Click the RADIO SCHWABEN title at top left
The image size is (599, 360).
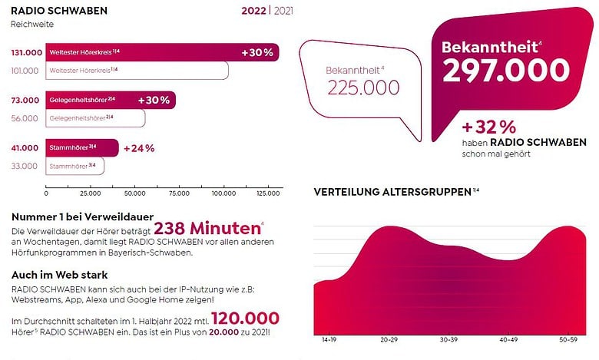click(x=59, y=11)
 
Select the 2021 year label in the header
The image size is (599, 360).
click(x=283, y=11)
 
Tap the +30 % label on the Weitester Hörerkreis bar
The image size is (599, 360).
click(x=257, y=53)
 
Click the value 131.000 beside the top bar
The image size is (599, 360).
click(x=26, y=53)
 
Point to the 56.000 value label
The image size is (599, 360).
click(x=25, y=118)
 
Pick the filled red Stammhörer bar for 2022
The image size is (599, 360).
click(x=82, y=147)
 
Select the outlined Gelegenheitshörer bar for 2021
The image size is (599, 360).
click(x=95, y=118)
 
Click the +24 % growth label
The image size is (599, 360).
click(x=139, y=148)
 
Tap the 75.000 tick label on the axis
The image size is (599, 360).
click(x=179, y=193)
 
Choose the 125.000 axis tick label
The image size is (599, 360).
click(x=268, y=193)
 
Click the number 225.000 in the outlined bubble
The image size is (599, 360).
click(x=363, y=88)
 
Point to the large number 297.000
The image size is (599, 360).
click(x=506, y=71)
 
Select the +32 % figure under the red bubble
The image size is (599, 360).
click(x=488, y=127)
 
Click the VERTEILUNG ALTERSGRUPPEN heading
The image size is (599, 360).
click(x=392, y=192)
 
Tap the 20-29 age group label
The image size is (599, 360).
click(x=389, y=340)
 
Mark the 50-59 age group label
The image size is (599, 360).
click(x=568, y=340)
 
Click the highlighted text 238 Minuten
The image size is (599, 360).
click(x=207, y=228)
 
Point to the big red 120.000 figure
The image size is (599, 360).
click(x=245, y=319)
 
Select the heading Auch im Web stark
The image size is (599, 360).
click(x=60, y=275)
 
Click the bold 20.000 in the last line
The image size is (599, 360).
click(x=223, y=332)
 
